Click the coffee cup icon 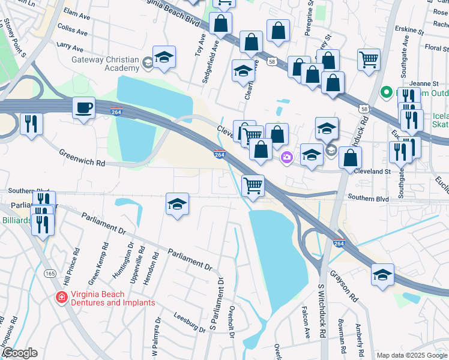83,108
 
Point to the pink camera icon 287,157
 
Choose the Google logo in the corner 19,353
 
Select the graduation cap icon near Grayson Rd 382,275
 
